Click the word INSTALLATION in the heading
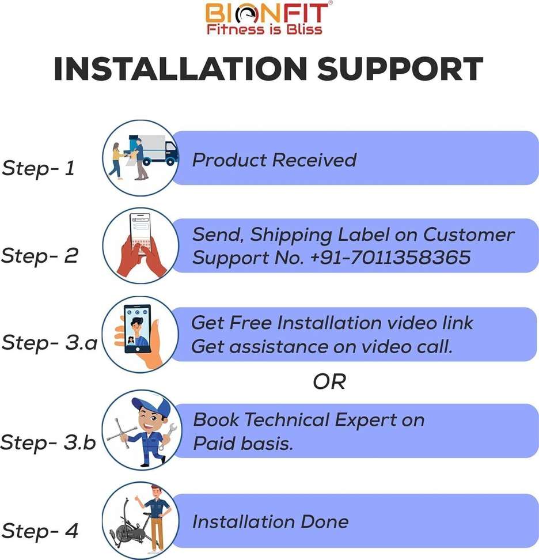point(180,69)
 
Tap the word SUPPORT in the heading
point(400,69)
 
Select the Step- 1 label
point(38,168)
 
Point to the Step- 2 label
point(40,256)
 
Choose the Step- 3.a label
point(50,343)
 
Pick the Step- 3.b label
point(48,442)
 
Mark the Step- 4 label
point(40,531)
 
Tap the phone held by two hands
point(141,233)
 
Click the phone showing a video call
point(138,328)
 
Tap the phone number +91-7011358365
point(390,258)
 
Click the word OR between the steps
point(329,382)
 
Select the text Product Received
point(274,160)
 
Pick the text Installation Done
point(270,521)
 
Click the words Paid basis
point(243,444)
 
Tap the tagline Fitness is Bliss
point(264,29)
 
